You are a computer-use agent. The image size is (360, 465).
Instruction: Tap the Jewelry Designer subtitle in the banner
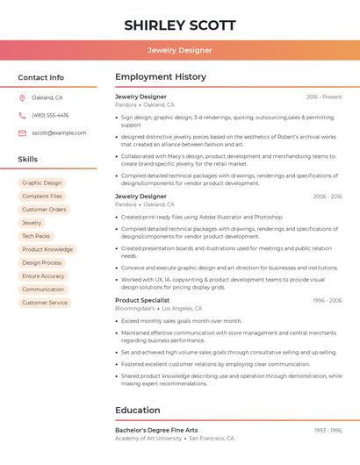(179, 50)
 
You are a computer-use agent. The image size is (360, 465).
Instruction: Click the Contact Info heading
(40, 77)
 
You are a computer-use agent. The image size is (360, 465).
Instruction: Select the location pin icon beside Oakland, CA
(22, 97)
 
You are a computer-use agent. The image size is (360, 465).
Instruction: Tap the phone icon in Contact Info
(22, 115)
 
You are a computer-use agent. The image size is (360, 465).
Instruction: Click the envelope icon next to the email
(22, 133)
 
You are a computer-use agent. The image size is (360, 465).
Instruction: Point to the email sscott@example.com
(59, 133)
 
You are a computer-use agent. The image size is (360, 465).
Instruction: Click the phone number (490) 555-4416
(50, 115)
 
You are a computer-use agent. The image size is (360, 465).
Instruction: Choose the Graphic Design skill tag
(42, 183)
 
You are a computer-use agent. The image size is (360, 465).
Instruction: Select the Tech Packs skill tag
(36, 236)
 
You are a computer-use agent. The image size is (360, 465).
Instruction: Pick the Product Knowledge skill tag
(47, 249)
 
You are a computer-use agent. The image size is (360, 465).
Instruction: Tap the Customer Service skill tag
(45, 303)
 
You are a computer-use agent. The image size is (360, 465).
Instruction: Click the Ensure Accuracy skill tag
(43, 276)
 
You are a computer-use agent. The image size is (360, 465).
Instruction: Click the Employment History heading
(161, 77)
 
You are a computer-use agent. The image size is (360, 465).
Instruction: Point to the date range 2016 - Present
(324, 97)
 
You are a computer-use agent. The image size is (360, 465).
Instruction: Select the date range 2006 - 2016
(327, 197)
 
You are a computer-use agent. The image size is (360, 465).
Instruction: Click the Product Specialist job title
(142, 300)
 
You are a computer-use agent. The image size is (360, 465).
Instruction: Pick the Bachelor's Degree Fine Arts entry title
(156, 430)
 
